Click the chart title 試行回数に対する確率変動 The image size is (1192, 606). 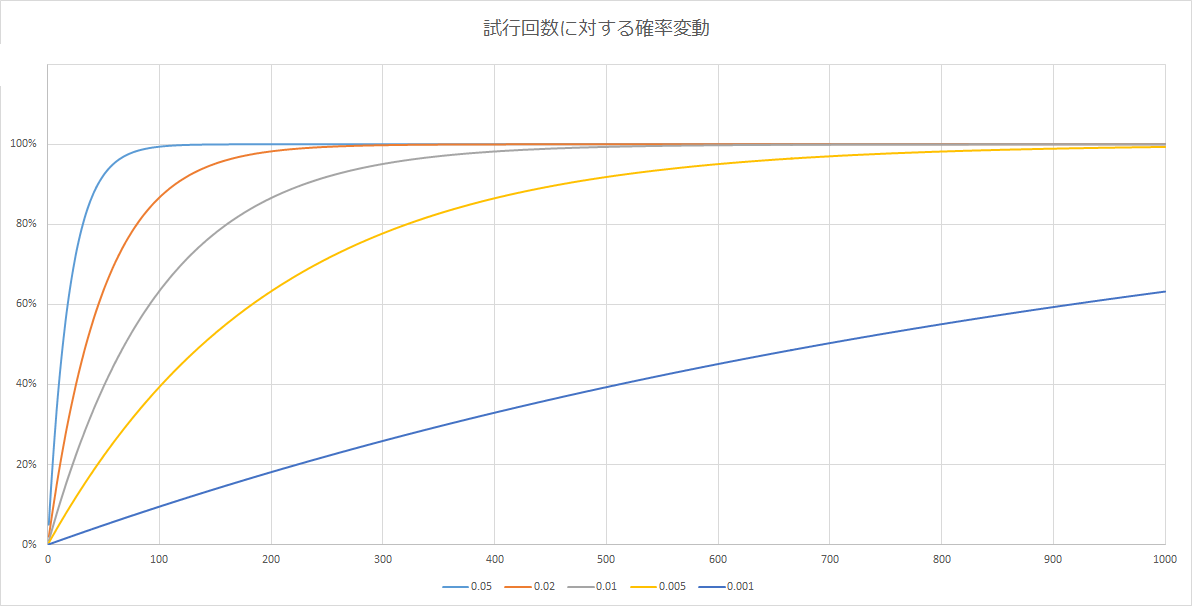pyautogui.click(x=596, y=30)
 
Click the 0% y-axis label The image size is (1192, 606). pyautogui.click(x=30, y=545)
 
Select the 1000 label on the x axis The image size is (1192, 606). pyautogui.click(x=1165, y=558)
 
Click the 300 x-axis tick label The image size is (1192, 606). pyautogui.click(x=383, y=558)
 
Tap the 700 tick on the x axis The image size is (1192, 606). pyautogui.click(x=830, y=558)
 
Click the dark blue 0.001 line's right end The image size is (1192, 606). pyautogui.click(x=1165, y=292)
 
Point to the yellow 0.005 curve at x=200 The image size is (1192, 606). pyautogui.click(x=271, y=292)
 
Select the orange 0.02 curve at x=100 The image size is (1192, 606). pyautogui.click(x=160, y=198)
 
